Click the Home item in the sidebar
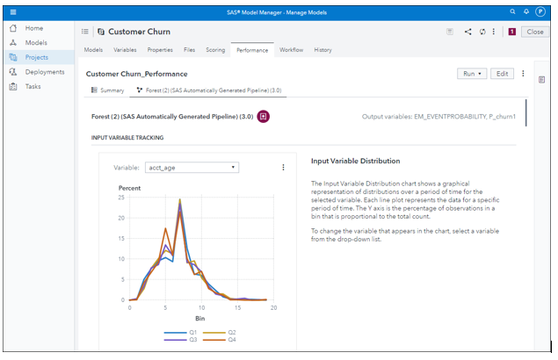[33, 28]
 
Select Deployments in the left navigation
[43, 72]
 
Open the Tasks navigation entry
[33, 87]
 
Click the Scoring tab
[215, 50]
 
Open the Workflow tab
[291, 50]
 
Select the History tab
[322, 50]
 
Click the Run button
[472, 74]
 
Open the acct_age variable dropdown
[192, 167]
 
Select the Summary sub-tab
[108, 90]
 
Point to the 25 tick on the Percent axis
[121, 198]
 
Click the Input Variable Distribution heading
[355, 162]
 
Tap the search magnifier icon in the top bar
[513, 11]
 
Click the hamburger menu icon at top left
[12, 11]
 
